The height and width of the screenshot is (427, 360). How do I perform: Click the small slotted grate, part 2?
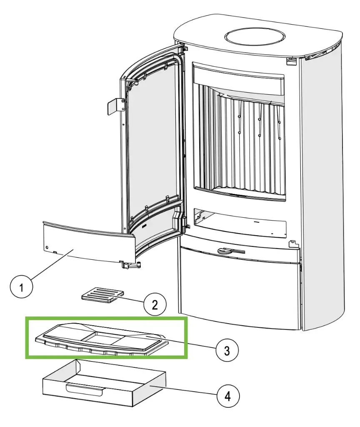click(98, 295)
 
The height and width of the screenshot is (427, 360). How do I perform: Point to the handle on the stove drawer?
click(229, 251)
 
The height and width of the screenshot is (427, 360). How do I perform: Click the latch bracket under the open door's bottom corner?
click(130, 264)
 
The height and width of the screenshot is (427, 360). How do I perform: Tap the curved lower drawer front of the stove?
click(240, 292)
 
